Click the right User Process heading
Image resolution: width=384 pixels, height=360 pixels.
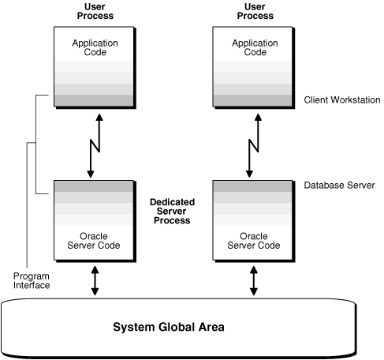point(253,11)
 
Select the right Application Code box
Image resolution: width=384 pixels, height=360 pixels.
point(253,67)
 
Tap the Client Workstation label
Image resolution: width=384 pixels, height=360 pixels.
point(341,100)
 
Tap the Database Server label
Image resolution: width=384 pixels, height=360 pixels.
point(339,186)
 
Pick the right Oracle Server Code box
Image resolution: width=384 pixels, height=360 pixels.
point(253,222)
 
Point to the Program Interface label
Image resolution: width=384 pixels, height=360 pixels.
point(32,280)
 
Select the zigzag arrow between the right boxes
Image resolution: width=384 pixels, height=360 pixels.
point(253,145)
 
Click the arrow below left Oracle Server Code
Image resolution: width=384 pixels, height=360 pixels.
point(95,281)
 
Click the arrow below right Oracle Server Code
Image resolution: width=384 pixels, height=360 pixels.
point(254,281)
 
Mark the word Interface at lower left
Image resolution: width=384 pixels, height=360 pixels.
point(32,285)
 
